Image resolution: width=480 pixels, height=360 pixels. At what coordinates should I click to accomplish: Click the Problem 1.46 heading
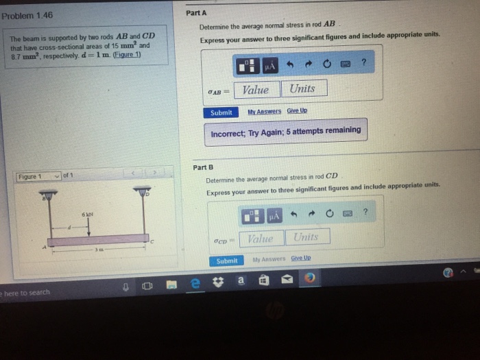click(x=28, y=14)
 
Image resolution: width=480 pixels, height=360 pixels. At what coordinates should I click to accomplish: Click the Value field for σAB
click(x=256, y=89)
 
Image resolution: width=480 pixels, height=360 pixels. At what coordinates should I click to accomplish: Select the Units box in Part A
click(x=303, y=88)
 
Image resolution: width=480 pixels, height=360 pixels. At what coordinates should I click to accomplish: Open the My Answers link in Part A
click(x=264, y=111)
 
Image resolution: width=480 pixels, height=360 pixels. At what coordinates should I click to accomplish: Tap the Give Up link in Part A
click(x=297, y=110)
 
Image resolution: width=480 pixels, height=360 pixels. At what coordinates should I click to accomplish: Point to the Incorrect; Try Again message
click(x=285, y=130)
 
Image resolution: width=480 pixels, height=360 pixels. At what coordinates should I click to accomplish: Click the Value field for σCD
click(x=261, y=238)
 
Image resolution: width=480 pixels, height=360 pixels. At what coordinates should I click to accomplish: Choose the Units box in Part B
click(x=306, y=237)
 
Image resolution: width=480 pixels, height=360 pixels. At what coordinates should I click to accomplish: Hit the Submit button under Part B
click(x=227, y=261)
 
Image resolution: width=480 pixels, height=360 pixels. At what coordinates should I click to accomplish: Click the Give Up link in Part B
click(x=301, y=259)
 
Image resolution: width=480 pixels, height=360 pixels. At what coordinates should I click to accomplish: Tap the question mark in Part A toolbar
click(x=364, y=63)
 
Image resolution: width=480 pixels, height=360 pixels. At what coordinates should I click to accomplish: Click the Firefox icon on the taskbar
click(x=309, y=278)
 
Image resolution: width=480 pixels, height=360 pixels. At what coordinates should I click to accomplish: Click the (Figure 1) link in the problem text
click(x=128, y=55)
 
